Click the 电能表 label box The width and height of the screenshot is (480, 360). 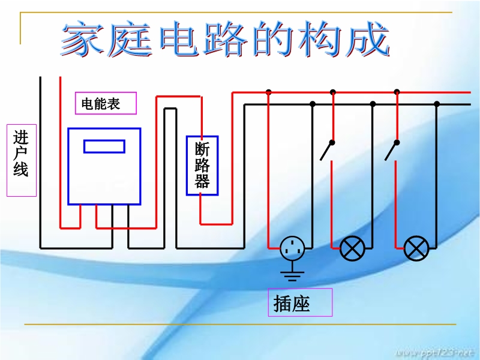pos(106,103)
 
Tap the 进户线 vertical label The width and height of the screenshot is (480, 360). pos(21,160)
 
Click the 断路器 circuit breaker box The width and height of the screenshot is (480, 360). pos(202,165)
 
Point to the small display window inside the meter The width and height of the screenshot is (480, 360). pos(104,146)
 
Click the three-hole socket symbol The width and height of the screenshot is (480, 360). pos(292,247)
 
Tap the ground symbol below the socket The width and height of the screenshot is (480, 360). pos(292,275)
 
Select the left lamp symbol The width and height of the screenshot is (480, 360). pos(352,248)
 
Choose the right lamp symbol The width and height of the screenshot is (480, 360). pos(416,248)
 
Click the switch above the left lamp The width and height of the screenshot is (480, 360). pos(328,151)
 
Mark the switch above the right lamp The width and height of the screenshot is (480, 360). pos(392,151)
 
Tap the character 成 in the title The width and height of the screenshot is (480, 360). pos(367,40)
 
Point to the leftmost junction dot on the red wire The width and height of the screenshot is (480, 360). pos(269,92)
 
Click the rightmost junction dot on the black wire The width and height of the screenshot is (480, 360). pos(437,104)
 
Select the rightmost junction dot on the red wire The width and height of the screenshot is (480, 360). pos(397,92)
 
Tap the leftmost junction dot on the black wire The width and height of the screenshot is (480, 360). pos(313,104)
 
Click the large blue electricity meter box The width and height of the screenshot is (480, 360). pos(104,166)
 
